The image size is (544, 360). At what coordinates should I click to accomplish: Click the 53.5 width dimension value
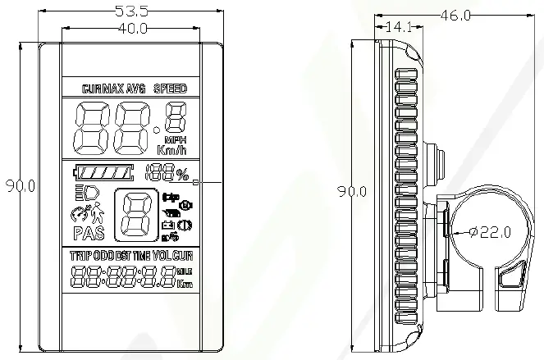coord(132,12)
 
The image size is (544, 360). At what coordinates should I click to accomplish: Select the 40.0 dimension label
coord(132,28)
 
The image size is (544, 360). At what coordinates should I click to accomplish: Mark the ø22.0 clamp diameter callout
coord(491,232)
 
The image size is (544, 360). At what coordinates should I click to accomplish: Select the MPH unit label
coord(176,139)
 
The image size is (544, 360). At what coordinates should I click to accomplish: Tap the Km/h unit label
coord(171,150)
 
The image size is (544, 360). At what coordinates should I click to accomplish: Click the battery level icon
coord(103,174)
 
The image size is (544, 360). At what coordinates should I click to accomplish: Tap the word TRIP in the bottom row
coord(81,256)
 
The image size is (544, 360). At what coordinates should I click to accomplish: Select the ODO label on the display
coord(103,256)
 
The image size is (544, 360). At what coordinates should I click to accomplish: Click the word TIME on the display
coord(142,256)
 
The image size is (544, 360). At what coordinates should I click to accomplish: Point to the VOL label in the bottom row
coord(162,256)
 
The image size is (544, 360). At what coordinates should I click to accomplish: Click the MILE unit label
coord(185,271)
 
